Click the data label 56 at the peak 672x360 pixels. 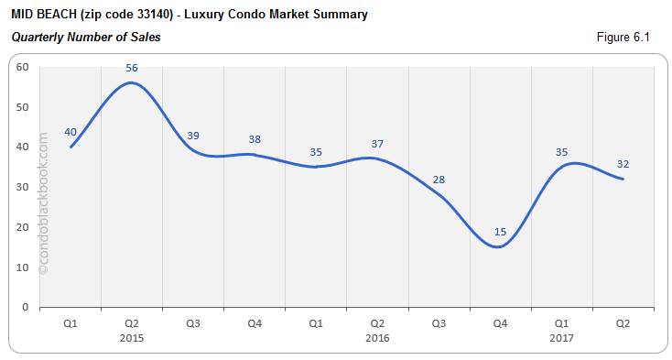point(132,68)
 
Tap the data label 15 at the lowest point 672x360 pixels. point(500,232)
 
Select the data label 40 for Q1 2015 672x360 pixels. point(70,132)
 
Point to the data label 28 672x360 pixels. point(439,180)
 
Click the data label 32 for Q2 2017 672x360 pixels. point(623,164)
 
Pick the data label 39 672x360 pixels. point(193,136)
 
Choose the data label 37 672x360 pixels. point(377,144)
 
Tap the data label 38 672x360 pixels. point(255,140)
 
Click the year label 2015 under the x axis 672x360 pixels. point(132,338)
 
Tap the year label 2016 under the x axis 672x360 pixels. point(377,338)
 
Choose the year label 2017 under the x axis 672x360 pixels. point(561,338)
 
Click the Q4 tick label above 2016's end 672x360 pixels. point(500,323)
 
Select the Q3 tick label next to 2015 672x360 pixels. point(193,323)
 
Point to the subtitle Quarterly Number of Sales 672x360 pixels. point(86,38)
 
